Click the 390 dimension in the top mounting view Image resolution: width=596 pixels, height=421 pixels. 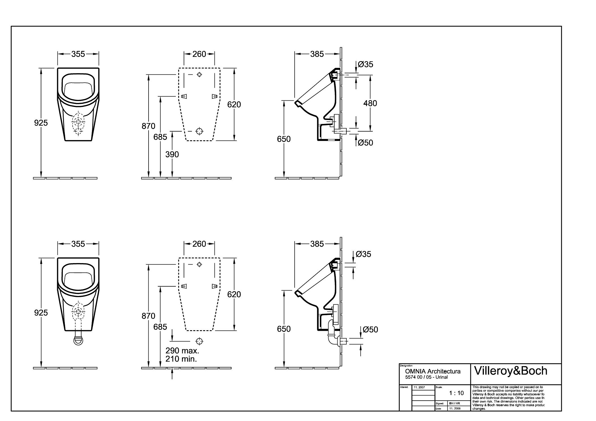pyautogui.click(x=172, y=154)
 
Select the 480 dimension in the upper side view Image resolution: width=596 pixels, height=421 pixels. pyautogui.click(x=370, y=103)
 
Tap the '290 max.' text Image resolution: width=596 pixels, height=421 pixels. pyautogui.click(x=182, y=351)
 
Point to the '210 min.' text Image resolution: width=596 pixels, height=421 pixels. pyautogui.click(x=181, y=359)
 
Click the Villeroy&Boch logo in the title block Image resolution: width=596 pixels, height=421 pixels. pyautogui.click(x=511, y=371)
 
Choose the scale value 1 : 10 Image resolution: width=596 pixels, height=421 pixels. pyautogui.click(x=456, y=393)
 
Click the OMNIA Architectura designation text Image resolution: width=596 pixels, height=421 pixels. pyautogui.click(x=433, y=371)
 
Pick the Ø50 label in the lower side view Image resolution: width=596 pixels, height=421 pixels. pyautogui.click(x=370, y=330)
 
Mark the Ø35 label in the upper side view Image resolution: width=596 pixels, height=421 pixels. pyautogui.click(x=365, y=65)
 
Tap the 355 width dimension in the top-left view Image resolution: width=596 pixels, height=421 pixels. pyautogui.click(x=78, y=54)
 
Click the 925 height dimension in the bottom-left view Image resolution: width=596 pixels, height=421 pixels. pyautogui.click(x=41, y=313)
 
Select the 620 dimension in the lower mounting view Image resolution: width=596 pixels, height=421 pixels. pyautogui.click(x=234, y=295)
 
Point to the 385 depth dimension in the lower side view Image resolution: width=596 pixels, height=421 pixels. pyautogui.click(x=317, y=244)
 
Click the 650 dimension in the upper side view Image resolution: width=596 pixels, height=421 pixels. pyautogui.click(x=284, y=139)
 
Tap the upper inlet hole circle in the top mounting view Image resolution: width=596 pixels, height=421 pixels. pyautogui.click(x=200, y=75)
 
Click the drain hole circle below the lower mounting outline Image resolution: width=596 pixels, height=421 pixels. pyautogui.click(x=200, y=341)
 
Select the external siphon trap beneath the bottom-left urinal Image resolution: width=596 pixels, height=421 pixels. pyautogui.click(x=78, y=340)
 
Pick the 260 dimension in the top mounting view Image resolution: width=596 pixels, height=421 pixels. pyautogui.click(x=199, y=54)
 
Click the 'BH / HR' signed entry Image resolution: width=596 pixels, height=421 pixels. pyautogui.click(x=454, y=403)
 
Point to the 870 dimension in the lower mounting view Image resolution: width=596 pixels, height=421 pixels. pyautogui.click(x=148, y=316)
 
